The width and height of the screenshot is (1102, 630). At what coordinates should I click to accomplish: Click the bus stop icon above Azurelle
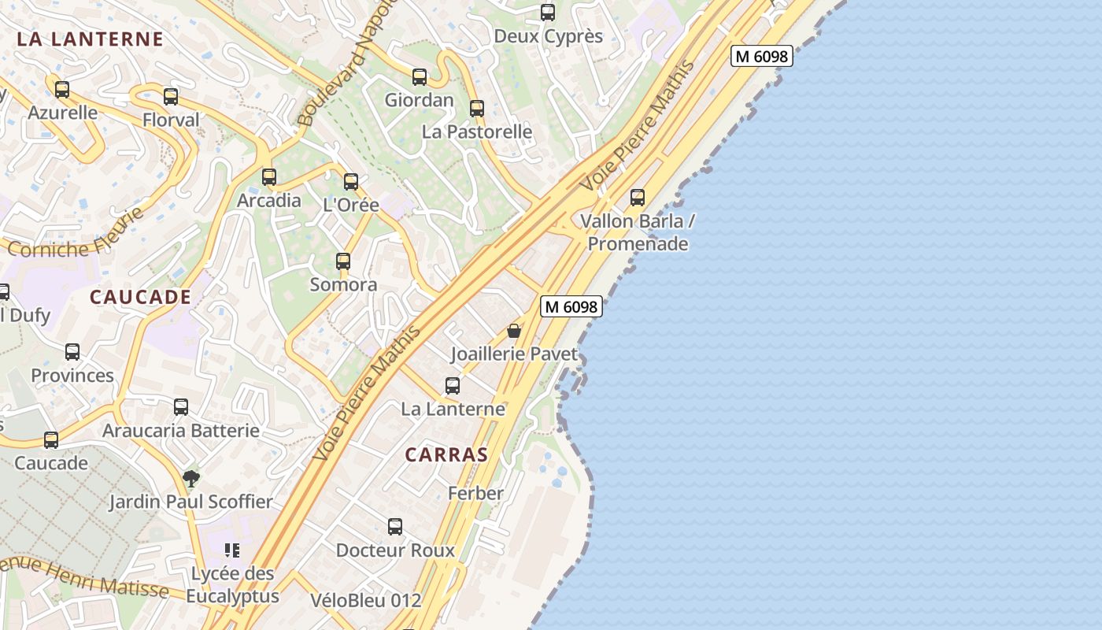pyautogui.click(x=62, y=90)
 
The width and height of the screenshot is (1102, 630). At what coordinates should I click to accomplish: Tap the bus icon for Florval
pyautogui.click(x=171, y=97)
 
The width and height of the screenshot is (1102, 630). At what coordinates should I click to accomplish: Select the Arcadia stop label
pyautogui.click(x=269, y=200)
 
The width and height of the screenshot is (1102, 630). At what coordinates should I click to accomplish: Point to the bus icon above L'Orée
pyautogui.click(x=351, y=182)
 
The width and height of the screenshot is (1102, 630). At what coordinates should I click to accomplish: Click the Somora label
pyautogui.click(x=343, y=284)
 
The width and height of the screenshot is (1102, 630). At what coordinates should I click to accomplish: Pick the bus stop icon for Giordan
pyautogui.click(x=420, y=77)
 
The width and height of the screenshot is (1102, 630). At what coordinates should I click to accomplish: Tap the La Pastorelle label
pyautogui.click(x=477, y=132)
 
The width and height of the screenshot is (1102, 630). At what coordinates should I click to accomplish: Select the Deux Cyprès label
pyautogui.click(x=548, y=36)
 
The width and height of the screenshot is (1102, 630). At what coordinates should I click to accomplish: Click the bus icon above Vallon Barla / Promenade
pyautogui.click(x=638, y=198)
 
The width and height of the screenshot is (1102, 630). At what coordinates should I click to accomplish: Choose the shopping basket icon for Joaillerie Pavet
pyautogui.click(x=514, y=332)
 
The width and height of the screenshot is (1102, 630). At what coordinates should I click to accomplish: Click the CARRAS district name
pyautogui.click(x=446, y=454)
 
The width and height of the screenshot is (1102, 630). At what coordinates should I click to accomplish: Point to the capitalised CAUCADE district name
pyautogui.click(x=140, y=297)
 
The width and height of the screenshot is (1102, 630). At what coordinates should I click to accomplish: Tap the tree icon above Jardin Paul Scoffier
pyautogui.click(x=190, y=478)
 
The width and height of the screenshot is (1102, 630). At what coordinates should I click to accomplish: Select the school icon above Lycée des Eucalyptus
pyautogui.click(x=232, y=550)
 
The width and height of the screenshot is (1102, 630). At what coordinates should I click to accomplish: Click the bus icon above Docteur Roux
pyautogui.click(x=395, y=527)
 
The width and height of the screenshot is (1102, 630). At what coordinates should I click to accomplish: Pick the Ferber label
pyautogui.click(x=475, y=494)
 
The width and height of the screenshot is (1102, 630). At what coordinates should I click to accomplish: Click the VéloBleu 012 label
pyautogui.click(x=365, y=600)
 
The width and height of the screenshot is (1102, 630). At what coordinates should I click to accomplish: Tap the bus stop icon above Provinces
pyautogui.click(x=72, y=352)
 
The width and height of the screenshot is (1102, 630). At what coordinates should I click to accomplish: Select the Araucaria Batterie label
pyautogui.click(x=181, y=431)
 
